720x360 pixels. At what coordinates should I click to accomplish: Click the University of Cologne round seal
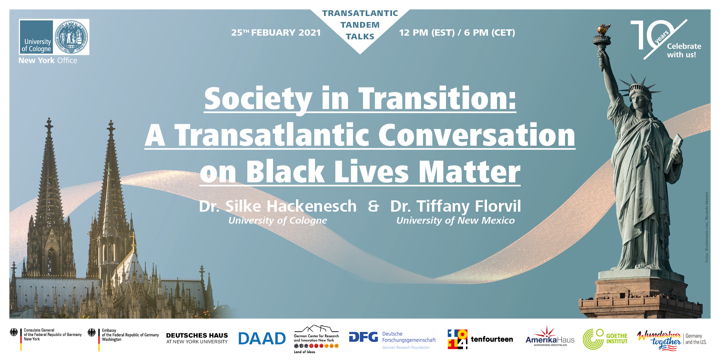click(x=71, y=37)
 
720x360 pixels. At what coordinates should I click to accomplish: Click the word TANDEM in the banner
click(x=360, y=25)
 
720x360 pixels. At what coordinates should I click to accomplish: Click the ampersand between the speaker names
click(x=373, y=206)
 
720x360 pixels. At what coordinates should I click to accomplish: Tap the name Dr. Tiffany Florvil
click(x=455, y=206)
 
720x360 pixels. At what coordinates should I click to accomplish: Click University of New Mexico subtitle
click(x=455, y=220)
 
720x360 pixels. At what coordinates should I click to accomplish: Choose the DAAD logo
click(x=262, y=339)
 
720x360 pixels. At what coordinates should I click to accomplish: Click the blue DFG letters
click(x=363, y=337)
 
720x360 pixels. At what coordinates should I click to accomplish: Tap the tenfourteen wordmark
click(x=492, y=339)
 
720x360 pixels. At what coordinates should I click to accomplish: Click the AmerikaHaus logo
click(x=550, y=337)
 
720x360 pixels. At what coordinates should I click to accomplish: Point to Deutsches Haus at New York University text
click(x=197, y=338)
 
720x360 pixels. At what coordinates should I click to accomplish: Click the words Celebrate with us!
click(x=684, y=51)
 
